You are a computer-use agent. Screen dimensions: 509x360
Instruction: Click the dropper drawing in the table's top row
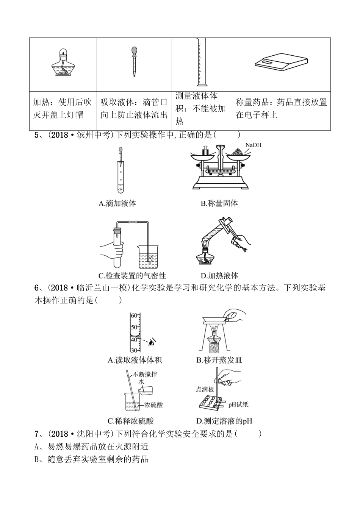click(x=134, y=62)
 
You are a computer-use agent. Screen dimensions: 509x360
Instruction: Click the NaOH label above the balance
click(x=253, y=145)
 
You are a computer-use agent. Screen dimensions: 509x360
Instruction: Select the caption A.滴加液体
click(x=117, y=203)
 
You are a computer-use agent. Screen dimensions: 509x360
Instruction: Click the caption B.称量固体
click(x=219, y=203)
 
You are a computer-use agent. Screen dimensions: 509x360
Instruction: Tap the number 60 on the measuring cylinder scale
click(x=133, y=315)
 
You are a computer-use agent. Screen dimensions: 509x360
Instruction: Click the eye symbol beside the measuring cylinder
click(x=152, y=342)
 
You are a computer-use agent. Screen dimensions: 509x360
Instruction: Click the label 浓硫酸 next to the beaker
click(x=153, y=405)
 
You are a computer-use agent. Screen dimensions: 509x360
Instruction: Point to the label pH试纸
click(x=238, y=404)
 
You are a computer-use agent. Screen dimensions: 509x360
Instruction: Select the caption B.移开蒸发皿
click(x=219, y=360)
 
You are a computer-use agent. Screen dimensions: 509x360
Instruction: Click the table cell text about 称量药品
click(x=281, y=108)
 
